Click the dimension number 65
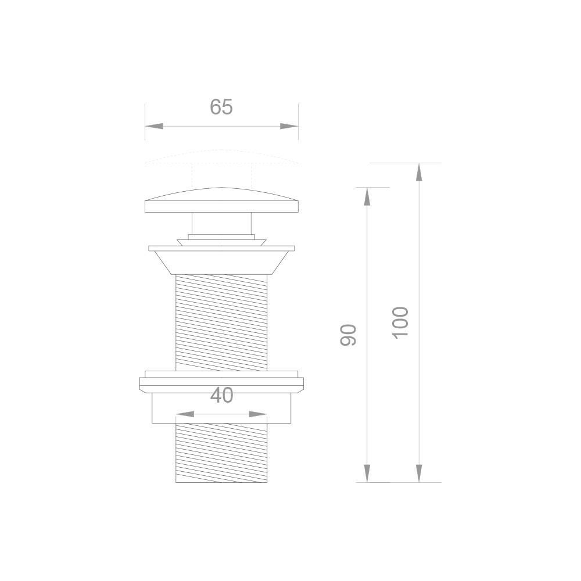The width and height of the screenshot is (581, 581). [x=221, y=107]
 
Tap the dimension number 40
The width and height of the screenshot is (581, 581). [x=221, y=395]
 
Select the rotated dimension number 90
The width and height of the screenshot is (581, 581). [x=347, y=335]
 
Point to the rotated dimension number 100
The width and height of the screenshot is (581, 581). [x=401, y=323]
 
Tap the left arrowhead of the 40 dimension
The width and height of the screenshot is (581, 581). [x=184, y=414]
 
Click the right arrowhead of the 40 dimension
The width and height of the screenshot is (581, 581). [x=259, y=414]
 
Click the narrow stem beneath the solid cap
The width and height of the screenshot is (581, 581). [x=221, y=224]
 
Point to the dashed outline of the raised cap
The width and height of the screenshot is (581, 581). [x=221, y=156]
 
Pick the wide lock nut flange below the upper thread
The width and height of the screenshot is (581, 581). [x=221, y=383]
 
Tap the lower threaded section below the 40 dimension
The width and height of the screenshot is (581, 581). [x=221, y=453]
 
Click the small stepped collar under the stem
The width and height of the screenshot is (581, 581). [x=221, y=240]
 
